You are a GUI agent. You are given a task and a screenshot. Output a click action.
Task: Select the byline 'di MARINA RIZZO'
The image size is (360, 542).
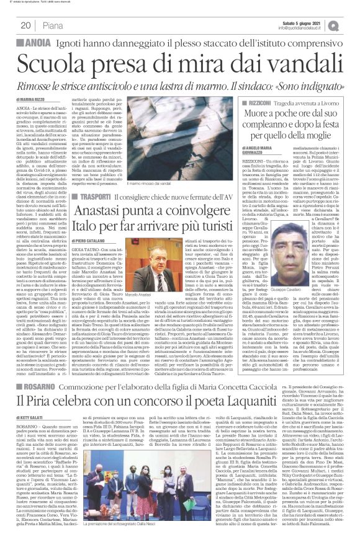(29, 99)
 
